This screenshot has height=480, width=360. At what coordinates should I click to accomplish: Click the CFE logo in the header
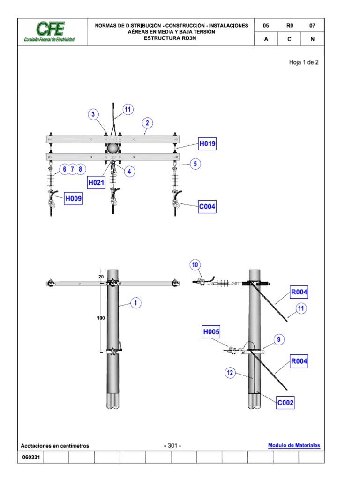coord(49,32)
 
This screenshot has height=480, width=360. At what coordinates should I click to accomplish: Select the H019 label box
coord(207,144)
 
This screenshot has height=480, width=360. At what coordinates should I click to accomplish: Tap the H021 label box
coord(96,182)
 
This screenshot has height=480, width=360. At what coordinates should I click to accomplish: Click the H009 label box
coord(74,199)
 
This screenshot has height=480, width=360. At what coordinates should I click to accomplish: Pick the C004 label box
coord(207,206)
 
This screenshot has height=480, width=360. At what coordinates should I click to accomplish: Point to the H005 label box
coord(211,332)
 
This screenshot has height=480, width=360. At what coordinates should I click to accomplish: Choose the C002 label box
coord(285,402)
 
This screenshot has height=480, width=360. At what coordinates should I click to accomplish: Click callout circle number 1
coord(135,303)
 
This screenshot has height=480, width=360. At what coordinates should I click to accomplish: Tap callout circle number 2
coord(147,123)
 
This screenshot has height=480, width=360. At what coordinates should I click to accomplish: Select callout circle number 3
coord(93,114)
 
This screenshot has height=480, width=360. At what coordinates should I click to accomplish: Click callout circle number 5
coord(195,164)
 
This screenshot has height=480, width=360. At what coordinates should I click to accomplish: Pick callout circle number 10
coord(195,265)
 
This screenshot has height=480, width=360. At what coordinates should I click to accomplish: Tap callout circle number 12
coord(230,374)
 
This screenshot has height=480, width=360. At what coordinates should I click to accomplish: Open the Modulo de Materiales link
coord(294,445)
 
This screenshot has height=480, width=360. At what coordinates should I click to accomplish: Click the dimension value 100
coord(101,318)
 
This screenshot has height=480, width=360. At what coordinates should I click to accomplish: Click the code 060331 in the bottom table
coord(30,457)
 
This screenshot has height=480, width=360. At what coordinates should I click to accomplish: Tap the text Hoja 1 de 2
coord(304,62)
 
